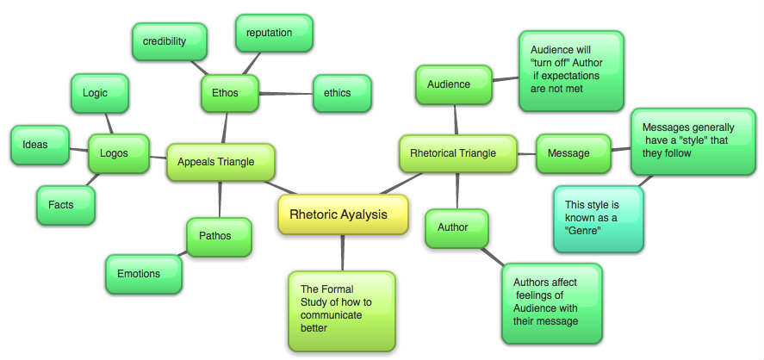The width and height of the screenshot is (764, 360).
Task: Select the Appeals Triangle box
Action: [221, 161]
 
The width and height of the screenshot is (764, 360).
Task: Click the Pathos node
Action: [219, 235]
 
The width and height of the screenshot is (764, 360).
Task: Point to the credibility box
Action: [169, 41]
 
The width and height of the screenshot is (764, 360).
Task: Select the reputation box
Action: [273, 33]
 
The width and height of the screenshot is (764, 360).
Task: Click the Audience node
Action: [454, 84]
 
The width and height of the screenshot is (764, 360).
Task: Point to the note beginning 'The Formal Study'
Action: [342, 307]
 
